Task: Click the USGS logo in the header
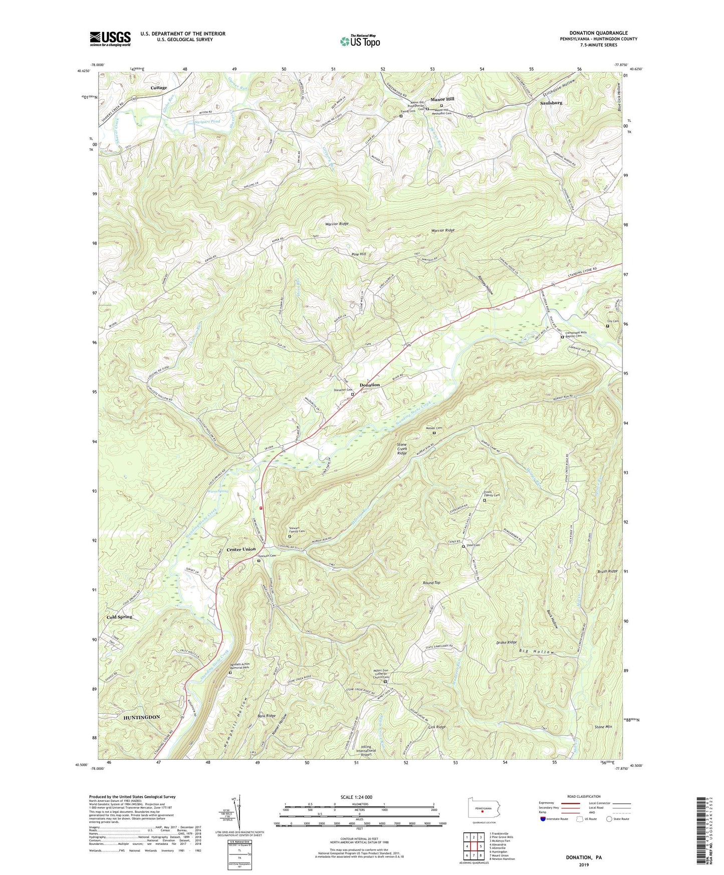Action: (110, 39)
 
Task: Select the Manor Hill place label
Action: (442, 99)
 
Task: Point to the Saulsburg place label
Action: (551, 103)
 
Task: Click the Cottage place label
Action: (159, 88)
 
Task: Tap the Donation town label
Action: (369, 385)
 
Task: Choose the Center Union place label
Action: (241, 549)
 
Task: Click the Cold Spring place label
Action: (119, 616)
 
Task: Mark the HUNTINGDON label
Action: (142, 717)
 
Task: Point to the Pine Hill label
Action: (358, 255)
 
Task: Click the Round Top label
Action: (431, 583)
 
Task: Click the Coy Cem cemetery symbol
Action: (607, 326)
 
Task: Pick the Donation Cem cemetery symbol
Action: (352, 394)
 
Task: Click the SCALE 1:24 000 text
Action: (356, 797)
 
